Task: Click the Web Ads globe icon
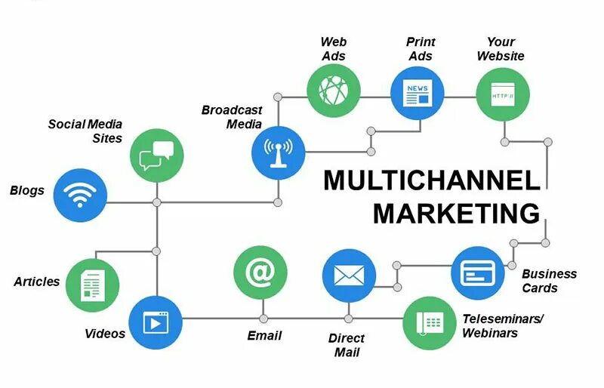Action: (x=333, y=91)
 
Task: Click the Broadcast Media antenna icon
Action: (x=278, y=151)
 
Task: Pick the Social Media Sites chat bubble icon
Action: (x=156, y=155)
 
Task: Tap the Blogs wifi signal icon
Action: (x=81, y=194)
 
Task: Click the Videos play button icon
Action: (x=155, y=322)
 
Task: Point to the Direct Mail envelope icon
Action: (x=349, y=276)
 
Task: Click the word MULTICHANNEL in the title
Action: (x=431, y=181)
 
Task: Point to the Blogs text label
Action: (x=27, y=190)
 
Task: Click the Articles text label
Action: (x=36, y=282)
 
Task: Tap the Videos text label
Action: (x=105, y=333)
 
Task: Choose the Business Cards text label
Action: (x=549, y=280)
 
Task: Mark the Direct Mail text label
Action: (x=347, y=345)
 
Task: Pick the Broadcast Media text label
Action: (x=232, y=117)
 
